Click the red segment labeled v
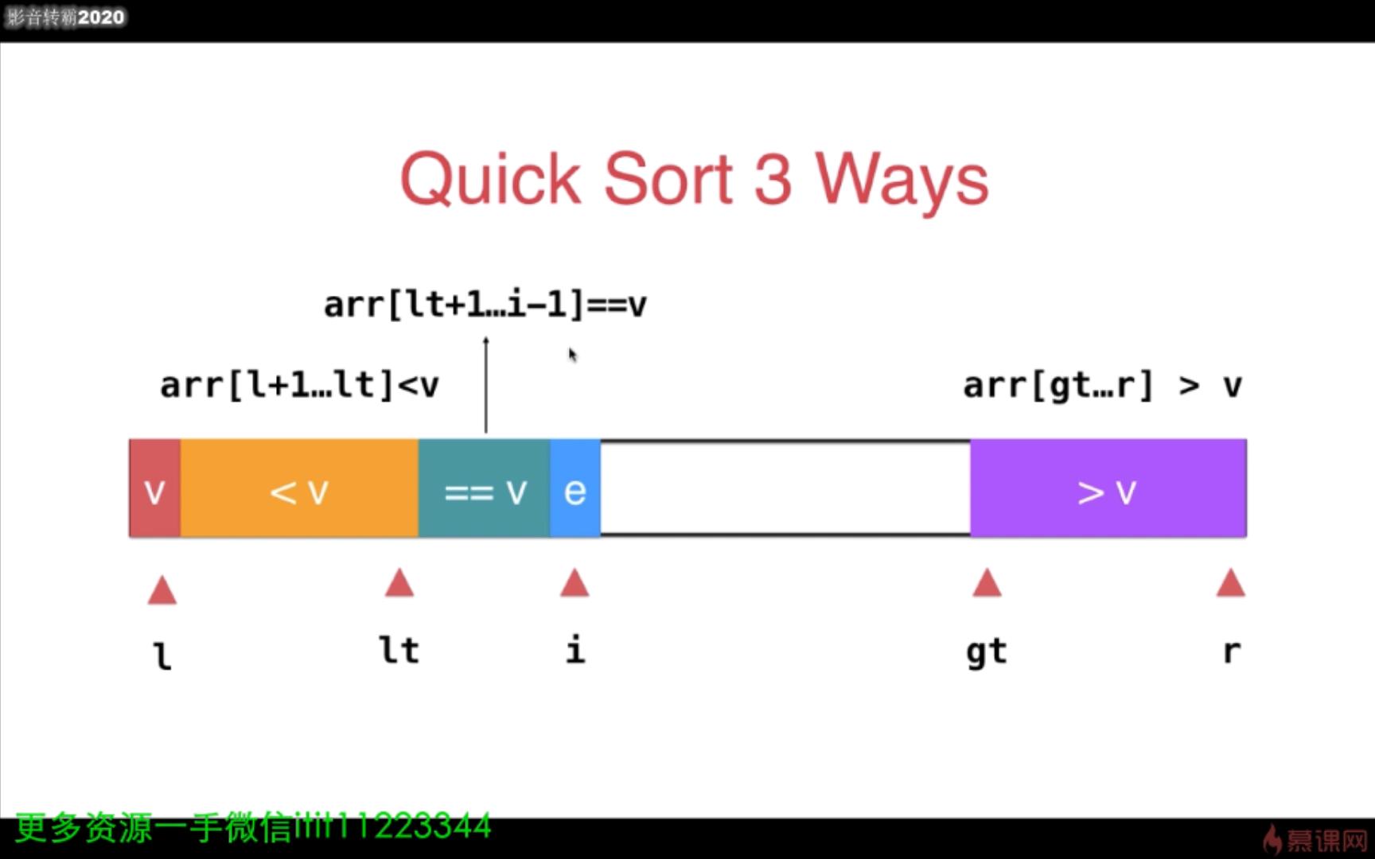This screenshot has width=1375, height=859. coord(154,488)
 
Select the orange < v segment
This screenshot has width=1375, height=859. coord(299,488)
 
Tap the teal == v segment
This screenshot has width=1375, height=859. coord(484,488)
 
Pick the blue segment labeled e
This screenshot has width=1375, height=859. coord(575,488)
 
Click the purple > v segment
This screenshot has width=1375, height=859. coord(1108,488)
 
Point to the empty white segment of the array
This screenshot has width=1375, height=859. coord(785,488)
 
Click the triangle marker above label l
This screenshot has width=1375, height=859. coord(162,590)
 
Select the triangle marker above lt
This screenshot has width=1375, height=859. coord(399,583)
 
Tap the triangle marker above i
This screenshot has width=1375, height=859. coord(575,583)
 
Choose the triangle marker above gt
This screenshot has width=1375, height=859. coord(987,583)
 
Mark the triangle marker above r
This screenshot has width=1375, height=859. coord(1231,583)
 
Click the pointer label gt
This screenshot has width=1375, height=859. coord(987,652)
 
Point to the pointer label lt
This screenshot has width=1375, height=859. coord(399,650)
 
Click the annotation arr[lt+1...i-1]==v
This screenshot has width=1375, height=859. coord(485,305)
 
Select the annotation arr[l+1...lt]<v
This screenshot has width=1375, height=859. coord(299,385)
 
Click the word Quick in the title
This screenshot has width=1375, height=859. coord(490,180)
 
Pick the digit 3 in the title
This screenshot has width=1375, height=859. coord(773,179)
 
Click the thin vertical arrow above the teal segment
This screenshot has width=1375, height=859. coord(486,385)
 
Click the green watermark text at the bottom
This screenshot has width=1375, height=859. coord(253,827)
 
